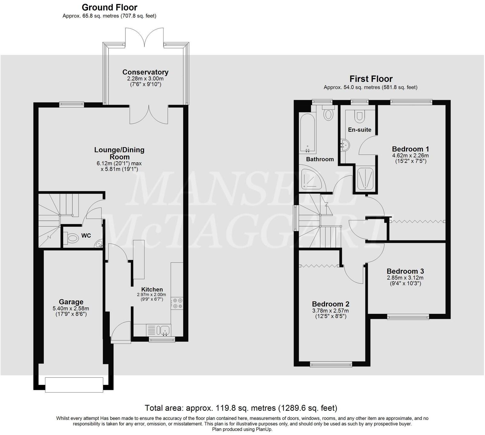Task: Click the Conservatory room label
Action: (x=145, y=72)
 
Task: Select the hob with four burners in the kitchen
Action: (x=176, y=304)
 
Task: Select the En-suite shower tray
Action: (x=365, y=179)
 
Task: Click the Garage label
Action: (x=71, y=302)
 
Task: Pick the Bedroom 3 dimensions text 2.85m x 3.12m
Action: (x=405, y=278)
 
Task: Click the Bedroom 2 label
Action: (x=331, y=304)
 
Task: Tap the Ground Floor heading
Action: (x=109, y=7)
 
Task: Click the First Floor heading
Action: (x=371, y=79)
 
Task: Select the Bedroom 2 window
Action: (x=331, y=365)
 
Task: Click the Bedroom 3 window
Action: (x=408, y=317)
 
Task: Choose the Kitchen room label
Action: (x=152, y=289)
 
